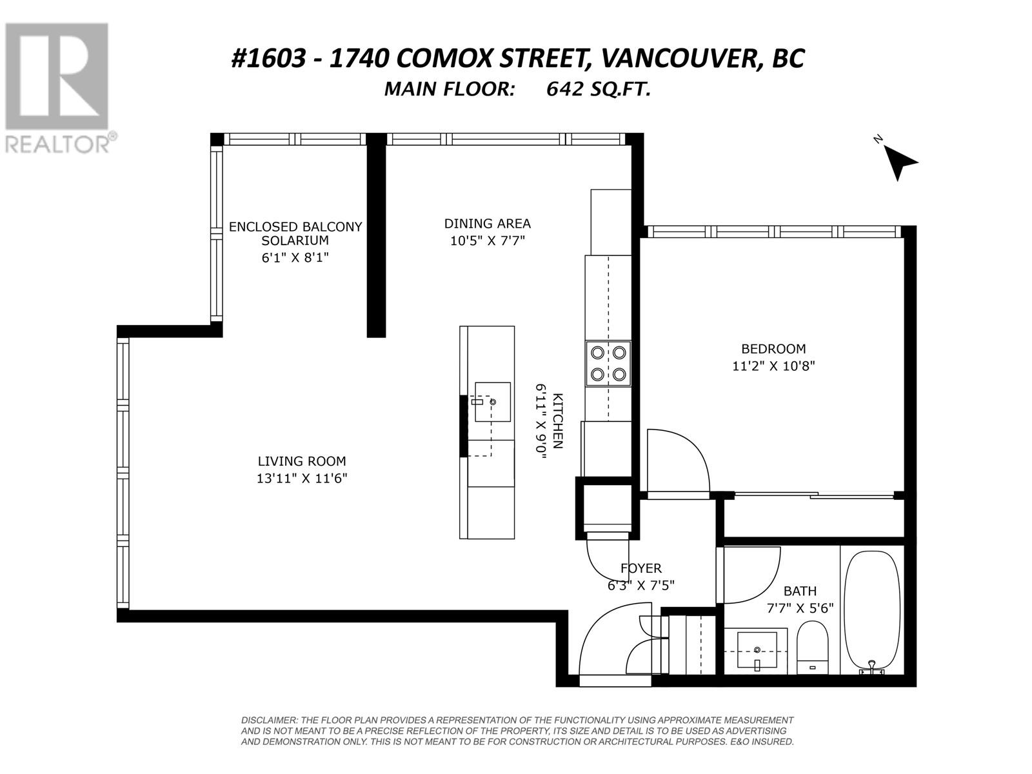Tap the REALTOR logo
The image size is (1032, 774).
[58, 88]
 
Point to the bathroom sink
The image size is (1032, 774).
[757, 650]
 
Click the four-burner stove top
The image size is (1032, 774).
[608, 363]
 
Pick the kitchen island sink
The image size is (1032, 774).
[492, 402]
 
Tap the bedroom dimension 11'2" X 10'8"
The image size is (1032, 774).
[773, 366]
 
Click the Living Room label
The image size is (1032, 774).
[301, 461]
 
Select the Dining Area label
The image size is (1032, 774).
[487, 224]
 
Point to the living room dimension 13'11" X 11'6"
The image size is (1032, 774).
[301, 479]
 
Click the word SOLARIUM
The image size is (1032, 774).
[295, 241]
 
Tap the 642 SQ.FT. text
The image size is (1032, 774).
[599, 89]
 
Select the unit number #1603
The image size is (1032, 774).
[268, 59]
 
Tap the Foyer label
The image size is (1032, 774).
[641, 568]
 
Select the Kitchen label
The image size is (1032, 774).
[558, 421]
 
